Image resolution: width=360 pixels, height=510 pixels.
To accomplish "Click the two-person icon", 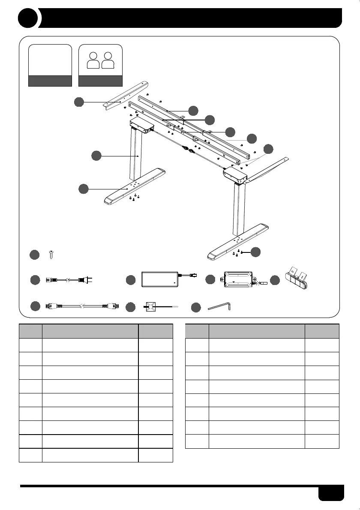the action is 101,60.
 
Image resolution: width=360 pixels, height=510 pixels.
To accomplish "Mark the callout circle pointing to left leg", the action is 96,156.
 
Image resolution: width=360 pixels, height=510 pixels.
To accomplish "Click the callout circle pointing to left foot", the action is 84,188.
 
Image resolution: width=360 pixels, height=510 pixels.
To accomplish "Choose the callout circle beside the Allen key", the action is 195,307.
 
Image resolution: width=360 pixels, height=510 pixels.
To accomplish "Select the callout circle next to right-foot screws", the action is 255,252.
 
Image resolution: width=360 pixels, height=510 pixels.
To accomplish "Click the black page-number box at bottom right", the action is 331,492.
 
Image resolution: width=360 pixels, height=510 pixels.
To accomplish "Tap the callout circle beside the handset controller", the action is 275,280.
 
